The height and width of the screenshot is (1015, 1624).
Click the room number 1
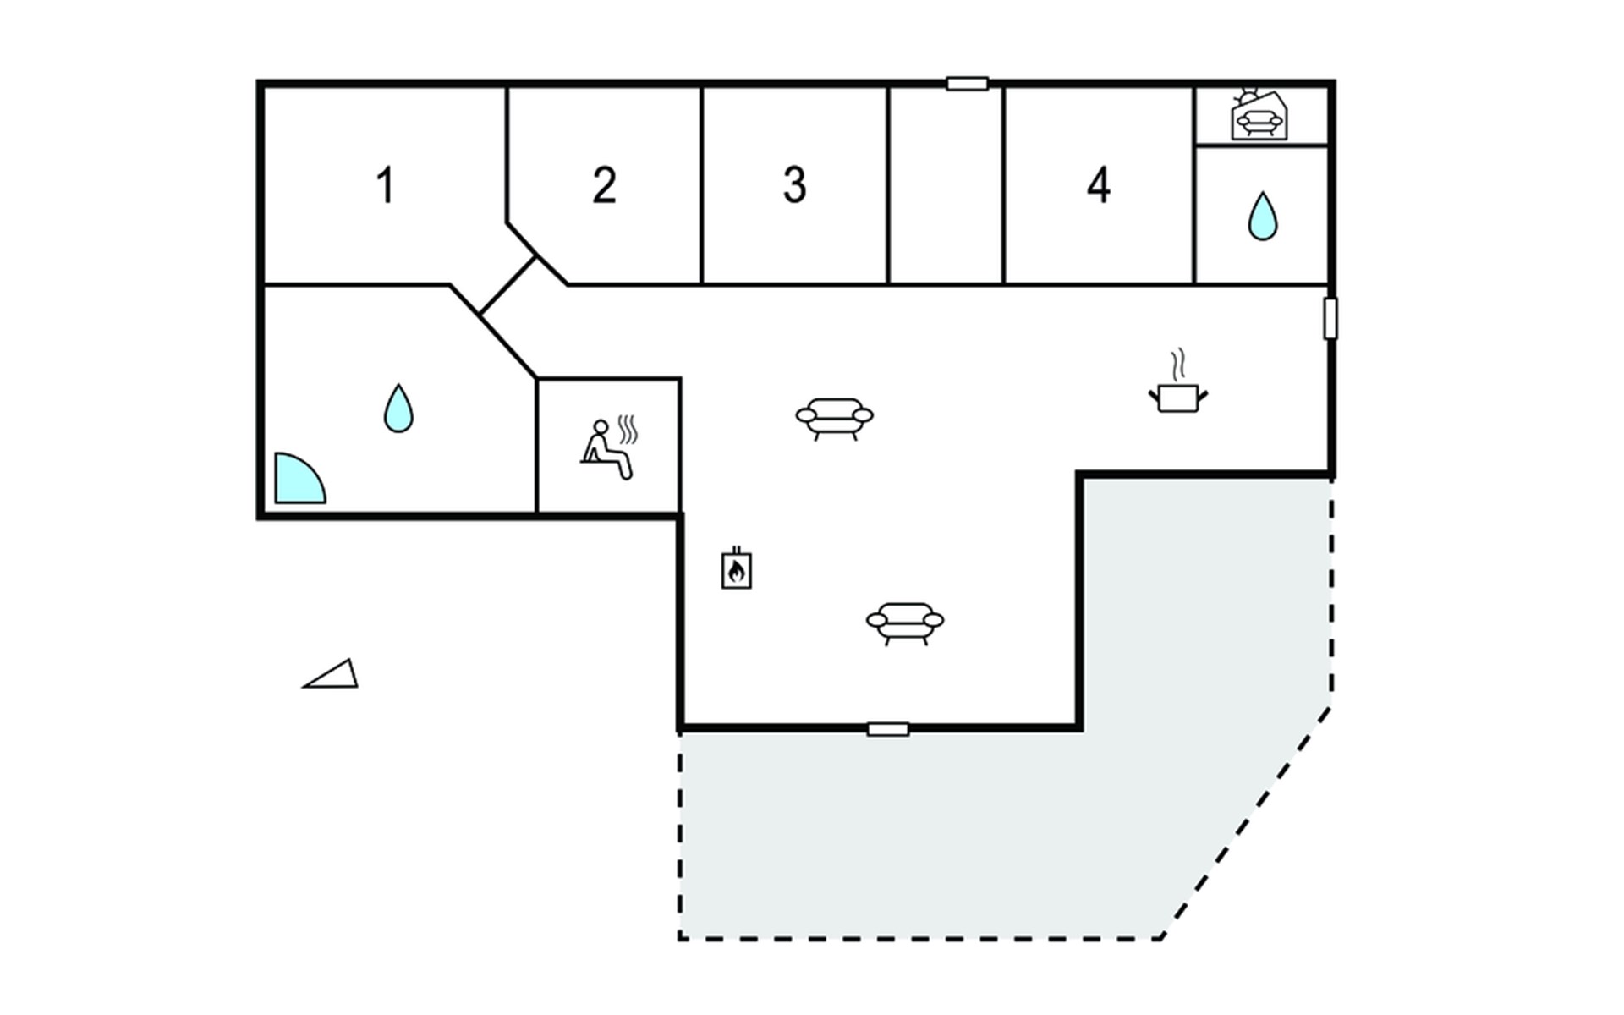click(386, 185)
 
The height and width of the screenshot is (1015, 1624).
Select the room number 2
click(604, 185)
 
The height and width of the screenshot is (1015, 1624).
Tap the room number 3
click(794, 185)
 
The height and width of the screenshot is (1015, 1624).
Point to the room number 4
click(1098, 185)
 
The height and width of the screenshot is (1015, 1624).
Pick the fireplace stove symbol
click(737, 569)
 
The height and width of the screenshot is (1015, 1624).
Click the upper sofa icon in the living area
click(834, 418)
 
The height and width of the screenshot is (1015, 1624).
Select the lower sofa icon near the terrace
click(905, 623)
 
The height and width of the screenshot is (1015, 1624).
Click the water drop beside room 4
click(1263, 217)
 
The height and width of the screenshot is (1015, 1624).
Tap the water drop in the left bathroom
click(398, 409)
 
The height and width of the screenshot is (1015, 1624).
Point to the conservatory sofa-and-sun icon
click(1258, 117)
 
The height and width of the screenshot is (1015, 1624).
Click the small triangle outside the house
click(333, 675)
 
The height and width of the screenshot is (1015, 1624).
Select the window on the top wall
click(967, 84)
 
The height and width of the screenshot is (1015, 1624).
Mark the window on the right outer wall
click(1330, 319)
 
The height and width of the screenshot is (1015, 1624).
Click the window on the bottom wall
click(888, 729)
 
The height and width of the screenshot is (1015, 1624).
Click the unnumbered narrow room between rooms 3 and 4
click(946, 185)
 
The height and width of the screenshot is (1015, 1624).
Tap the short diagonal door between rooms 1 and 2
click(507, 286)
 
